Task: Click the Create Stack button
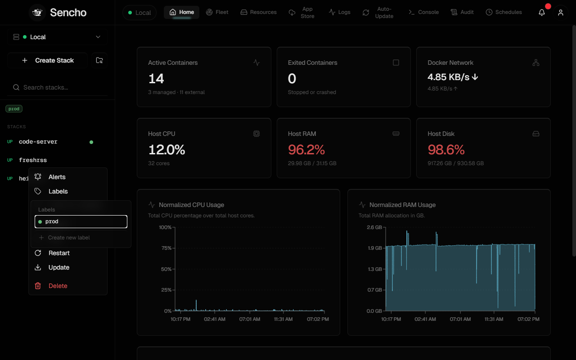coord(48,60)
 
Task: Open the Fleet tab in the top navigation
coord(217,12)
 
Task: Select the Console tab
coord(423,12)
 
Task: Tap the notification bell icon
coord(542,12)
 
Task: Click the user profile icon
coord(561,12)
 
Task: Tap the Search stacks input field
coord(58,87)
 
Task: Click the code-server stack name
coord(38,142)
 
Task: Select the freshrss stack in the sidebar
coord(33,160)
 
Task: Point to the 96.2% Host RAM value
coord(306,150)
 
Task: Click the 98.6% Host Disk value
coord(446,150)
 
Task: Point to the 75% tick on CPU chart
coord(166,248)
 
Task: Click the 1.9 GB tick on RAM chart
coord(375,248)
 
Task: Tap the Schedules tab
coord(504,12)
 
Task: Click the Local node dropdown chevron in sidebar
coord(98,37)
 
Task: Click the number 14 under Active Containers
coord(156,78)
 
